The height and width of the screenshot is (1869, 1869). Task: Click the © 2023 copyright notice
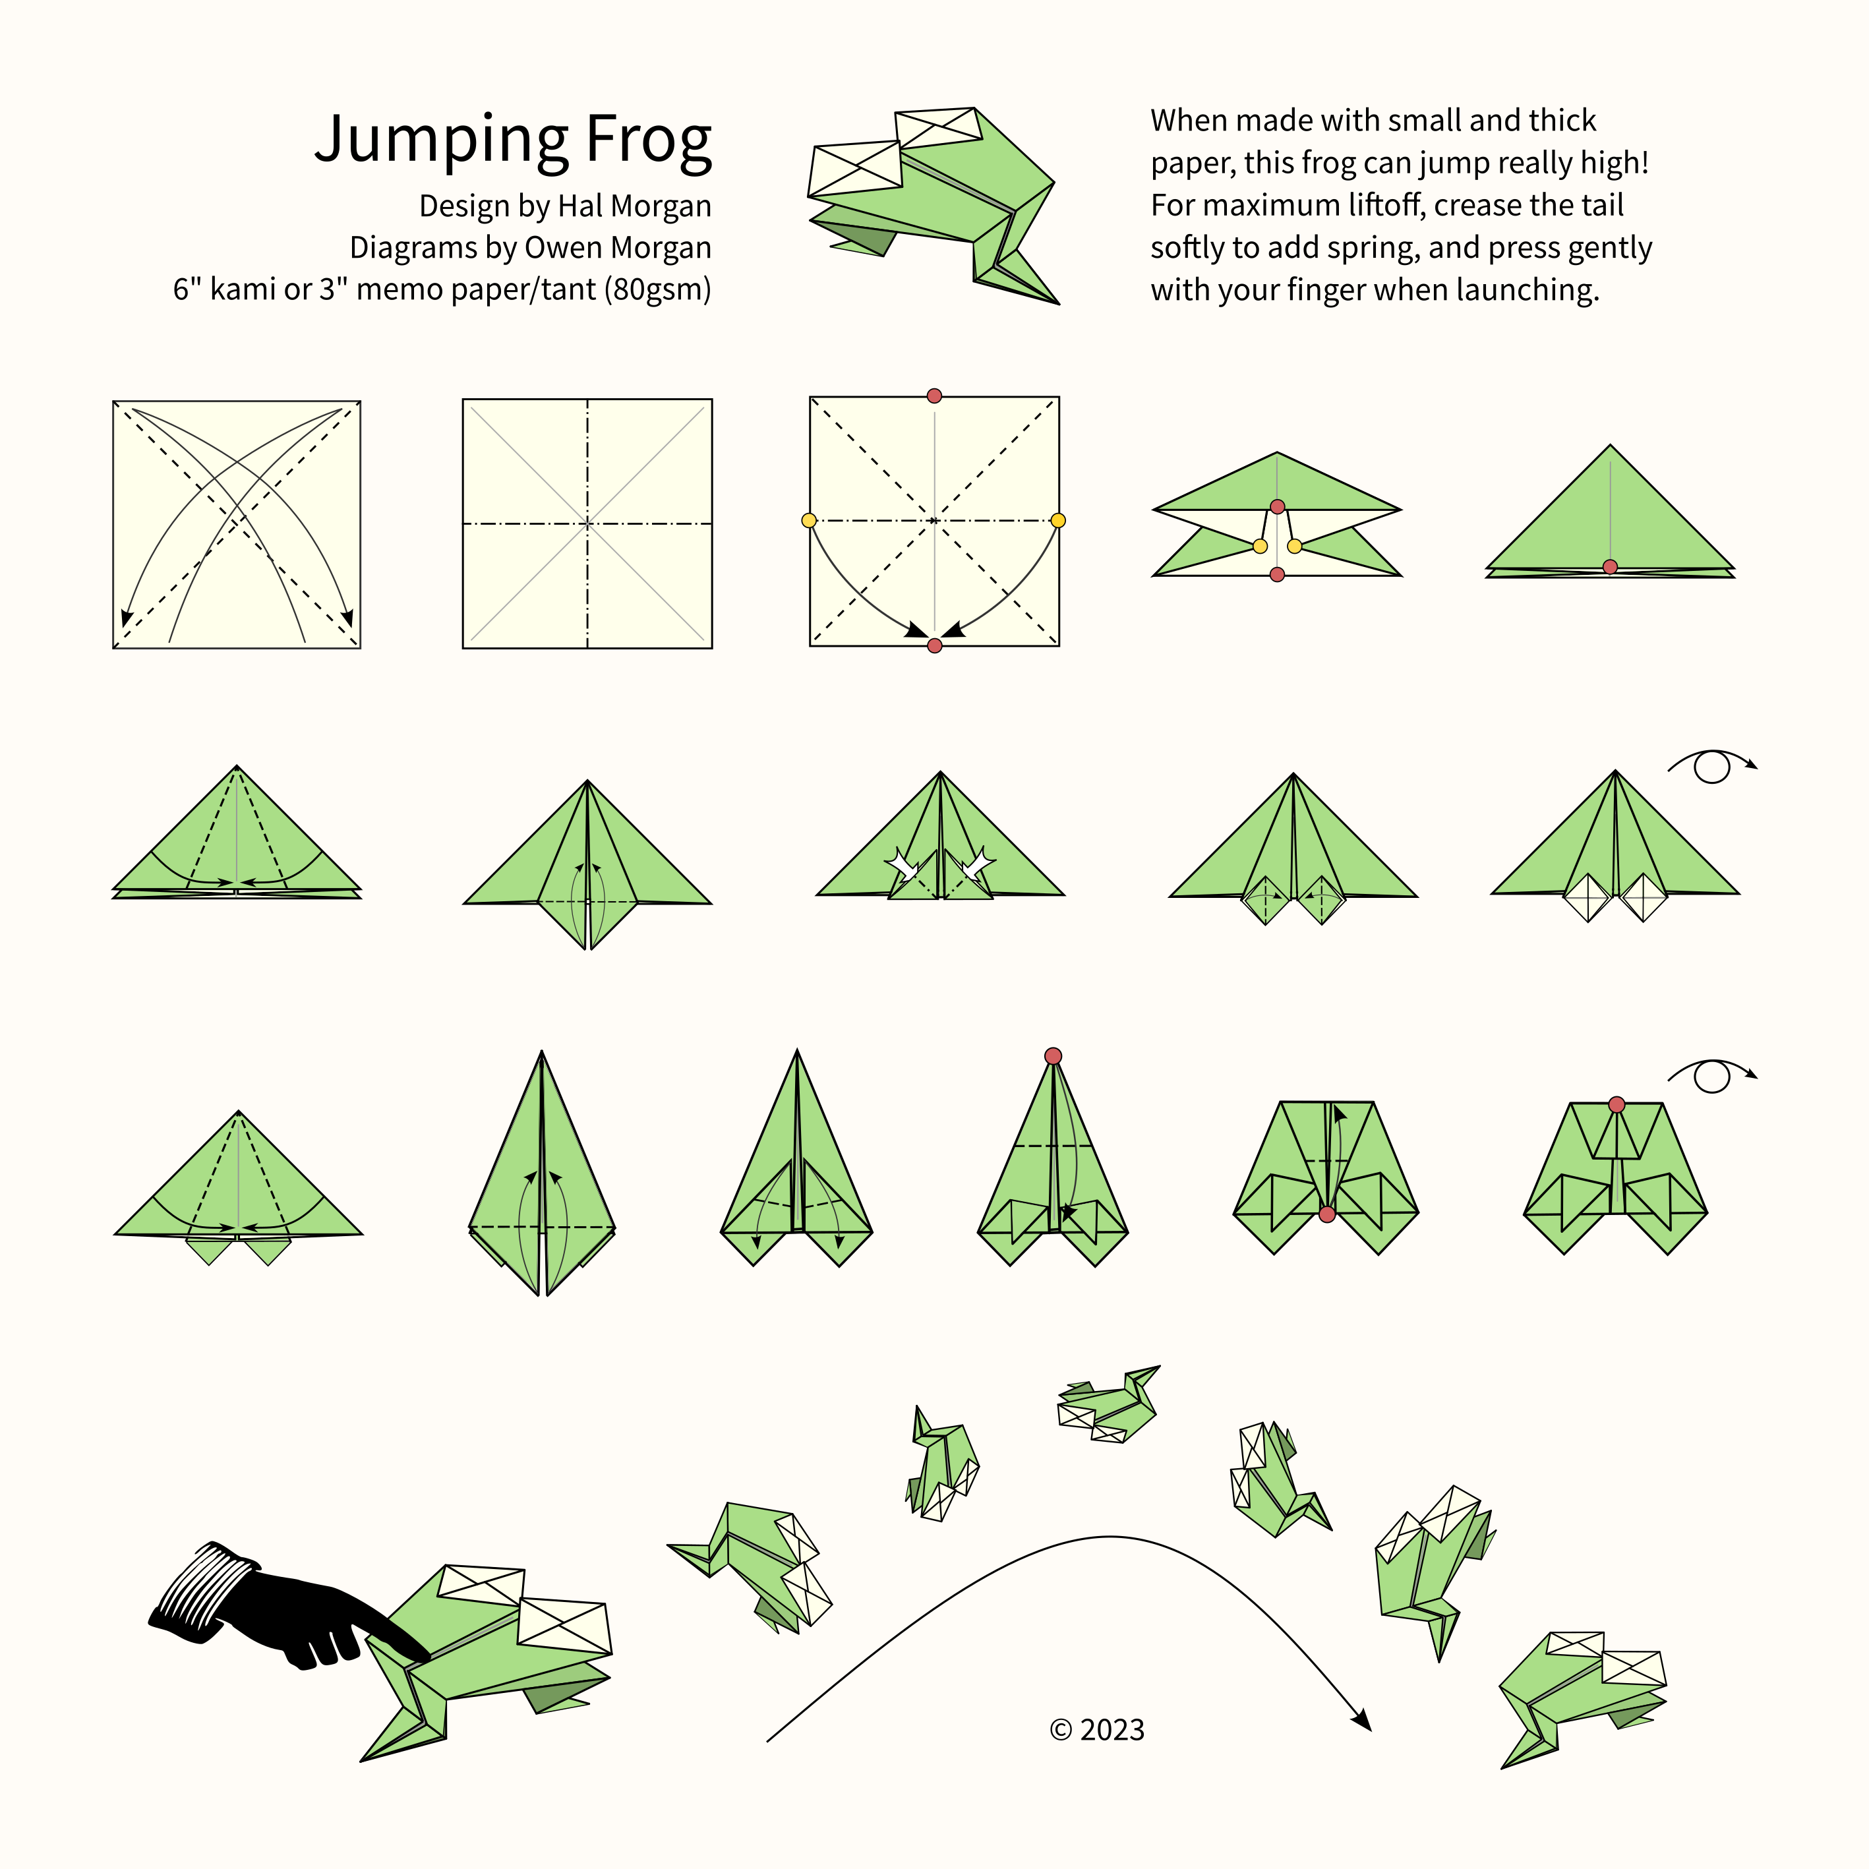click(x=1097, y=1729)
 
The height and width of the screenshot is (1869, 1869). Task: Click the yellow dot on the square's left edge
click(x=809, y=520)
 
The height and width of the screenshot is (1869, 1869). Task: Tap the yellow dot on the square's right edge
click(x=1058, y=520)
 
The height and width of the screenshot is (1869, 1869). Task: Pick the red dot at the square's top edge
click(x=934, y=396)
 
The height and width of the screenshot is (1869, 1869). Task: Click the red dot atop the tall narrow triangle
click(x=1053, y=1055)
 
